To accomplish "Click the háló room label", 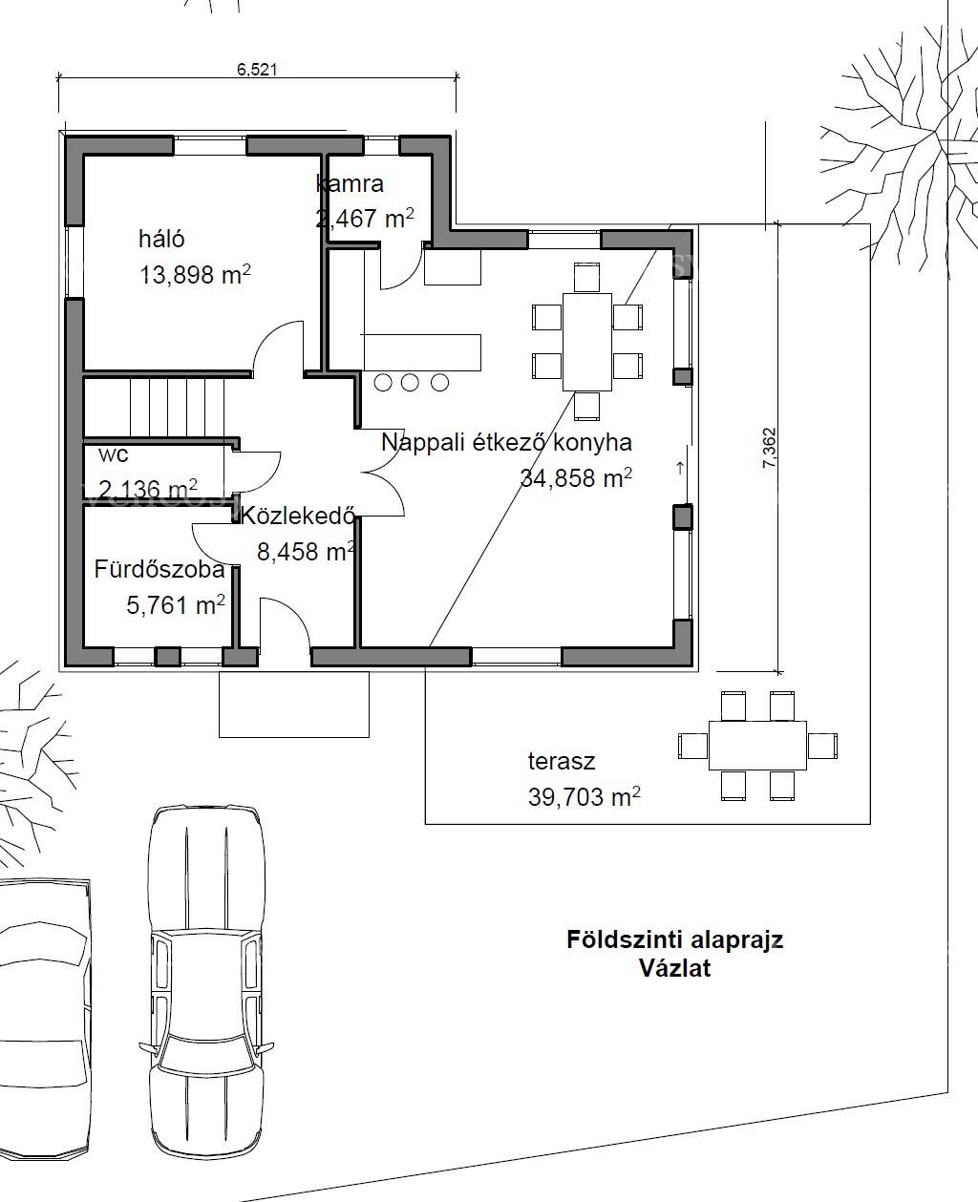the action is tap(161, 239).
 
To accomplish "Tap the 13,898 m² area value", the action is tap(195, 275).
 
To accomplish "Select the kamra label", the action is tap(350, 183).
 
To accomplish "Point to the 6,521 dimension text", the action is tap(257, 70).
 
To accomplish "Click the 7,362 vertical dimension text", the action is tap(770, 448).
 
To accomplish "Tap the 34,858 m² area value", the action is tap(576, 478).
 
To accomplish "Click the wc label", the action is tap(113, 454).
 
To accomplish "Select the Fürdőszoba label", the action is tap(159, 569).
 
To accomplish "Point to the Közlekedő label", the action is tap(298, 516).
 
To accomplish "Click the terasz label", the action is tap(562, 761).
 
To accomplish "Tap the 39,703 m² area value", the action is tap(585, 797).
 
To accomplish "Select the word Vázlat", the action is tap(675, 968).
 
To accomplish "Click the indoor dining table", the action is tap(587, 342).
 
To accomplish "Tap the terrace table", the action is tap(758, 746).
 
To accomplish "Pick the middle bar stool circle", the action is tap(410, 383).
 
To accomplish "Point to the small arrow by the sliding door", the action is tap(680, 469).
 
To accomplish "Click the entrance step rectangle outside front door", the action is tap(294, 704).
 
